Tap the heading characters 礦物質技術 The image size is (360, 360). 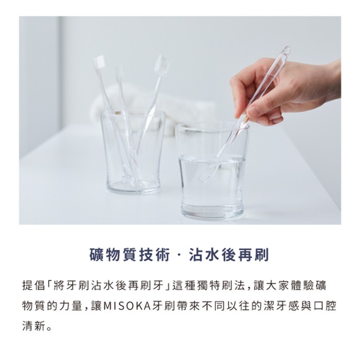click(x=130, y=255)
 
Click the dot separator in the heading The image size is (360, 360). click(x=179, y=255)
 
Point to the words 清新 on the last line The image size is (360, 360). click(x=33, y=326)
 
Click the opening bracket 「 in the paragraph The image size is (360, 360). click(x=49, y=285)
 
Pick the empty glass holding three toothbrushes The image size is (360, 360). click(x=133, y=152)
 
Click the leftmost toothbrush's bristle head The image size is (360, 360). click(x=99, y=62)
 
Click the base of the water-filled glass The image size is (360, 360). click(x=212, y=211)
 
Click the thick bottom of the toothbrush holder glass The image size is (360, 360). click(x=133, y=187)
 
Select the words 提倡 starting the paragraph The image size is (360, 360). click(x=33, y=285)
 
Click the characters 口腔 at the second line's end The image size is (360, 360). click(x=326, y=306)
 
